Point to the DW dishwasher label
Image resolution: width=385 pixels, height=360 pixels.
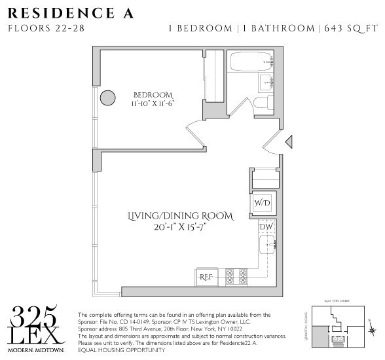(266, 226)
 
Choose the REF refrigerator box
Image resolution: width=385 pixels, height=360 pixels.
(208, 277)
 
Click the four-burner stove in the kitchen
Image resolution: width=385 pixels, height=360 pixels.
(236, 276)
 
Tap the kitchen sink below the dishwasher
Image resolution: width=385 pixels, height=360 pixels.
(266, 246)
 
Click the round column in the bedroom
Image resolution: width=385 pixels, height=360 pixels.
(107, 99)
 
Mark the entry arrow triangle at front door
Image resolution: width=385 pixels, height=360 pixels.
(289, 141)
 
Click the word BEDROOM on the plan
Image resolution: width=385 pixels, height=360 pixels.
(153, 93)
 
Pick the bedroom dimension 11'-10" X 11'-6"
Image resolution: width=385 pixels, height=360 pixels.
(153, 103)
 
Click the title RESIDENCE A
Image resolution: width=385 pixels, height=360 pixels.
(70, 13)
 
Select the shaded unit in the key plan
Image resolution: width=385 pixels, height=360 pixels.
(319, 338)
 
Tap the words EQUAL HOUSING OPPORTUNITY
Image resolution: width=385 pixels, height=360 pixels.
(121, 350)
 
